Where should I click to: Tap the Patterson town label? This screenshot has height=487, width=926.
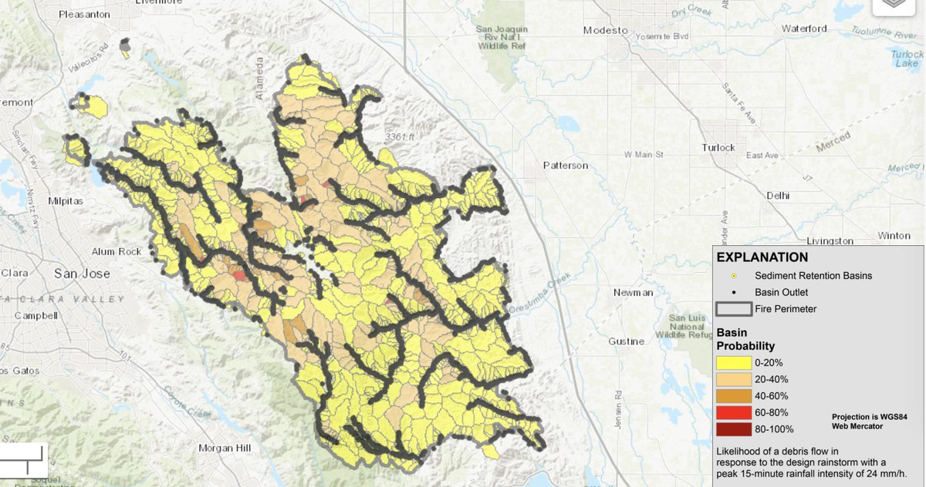pyautogui.click(x=566, y=166)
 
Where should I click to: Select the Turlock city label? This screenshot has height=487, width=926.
pyautogui.click(x=718, y=147)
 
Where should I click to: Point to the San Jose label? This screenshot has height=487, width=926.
pyautogui.click(x=82, y=274)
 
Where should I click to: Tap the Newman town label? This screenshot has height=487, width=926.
pyautogui.click(x=633, y=293)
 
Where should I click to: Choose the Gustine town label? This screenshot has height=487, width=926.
pyautogui.click(x=626, y=341)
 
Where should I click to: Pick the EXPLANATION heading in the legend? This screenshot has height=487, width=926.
pyautogui.click(x=762, y=257)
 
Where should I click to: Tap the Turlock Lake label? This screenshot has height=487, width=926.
pyautogui.click(x=907, y=59)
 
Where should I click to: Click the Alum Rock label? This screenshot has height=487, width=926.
pyautogui.click(x=117, y=251)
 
